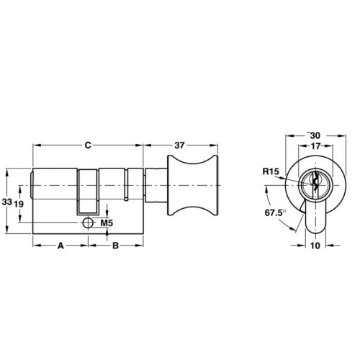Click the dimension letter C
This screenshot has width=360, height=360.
click(88, 145)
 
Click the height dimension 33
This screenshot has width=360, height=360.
click(6, 203)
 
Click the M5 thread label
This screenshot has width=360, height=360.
click(107, 224)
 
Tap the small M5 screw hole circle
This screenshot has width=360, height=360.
click(88, 223)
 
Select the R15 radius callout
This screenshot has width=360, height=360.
click(270, 171)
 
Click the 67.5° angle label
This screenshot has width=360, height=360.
click(275, 214)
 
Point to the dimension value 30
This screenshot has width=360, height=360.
click(314, 135)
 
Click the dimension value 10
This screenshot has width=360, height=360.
click(314, 246)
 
